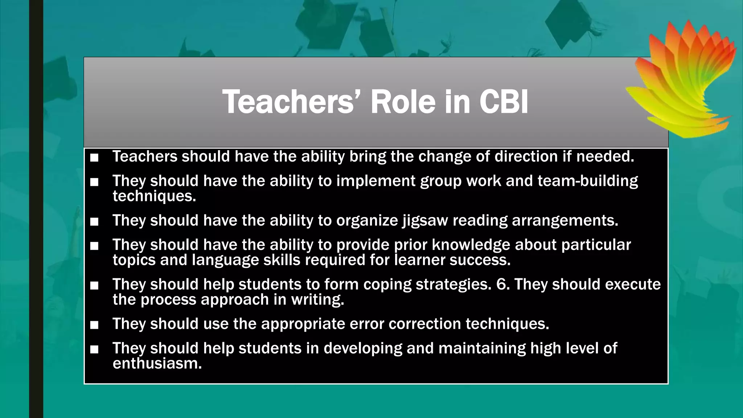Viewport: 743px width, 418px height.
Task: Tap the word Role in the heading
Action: tap(403, 102)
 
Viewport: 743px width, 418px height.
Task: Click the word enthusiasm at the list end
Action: tap(157, 363)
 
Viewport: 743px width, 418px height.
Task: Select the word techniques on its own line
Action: tap(154, 196)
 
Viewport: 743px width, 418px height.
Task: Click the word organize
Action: tap(367, 221)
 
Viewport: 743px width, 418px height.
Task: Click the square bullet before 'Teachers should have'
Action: tap(94, 157)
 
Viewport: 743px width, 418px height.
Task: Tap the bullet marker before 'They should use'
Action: tap(94, 325)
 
